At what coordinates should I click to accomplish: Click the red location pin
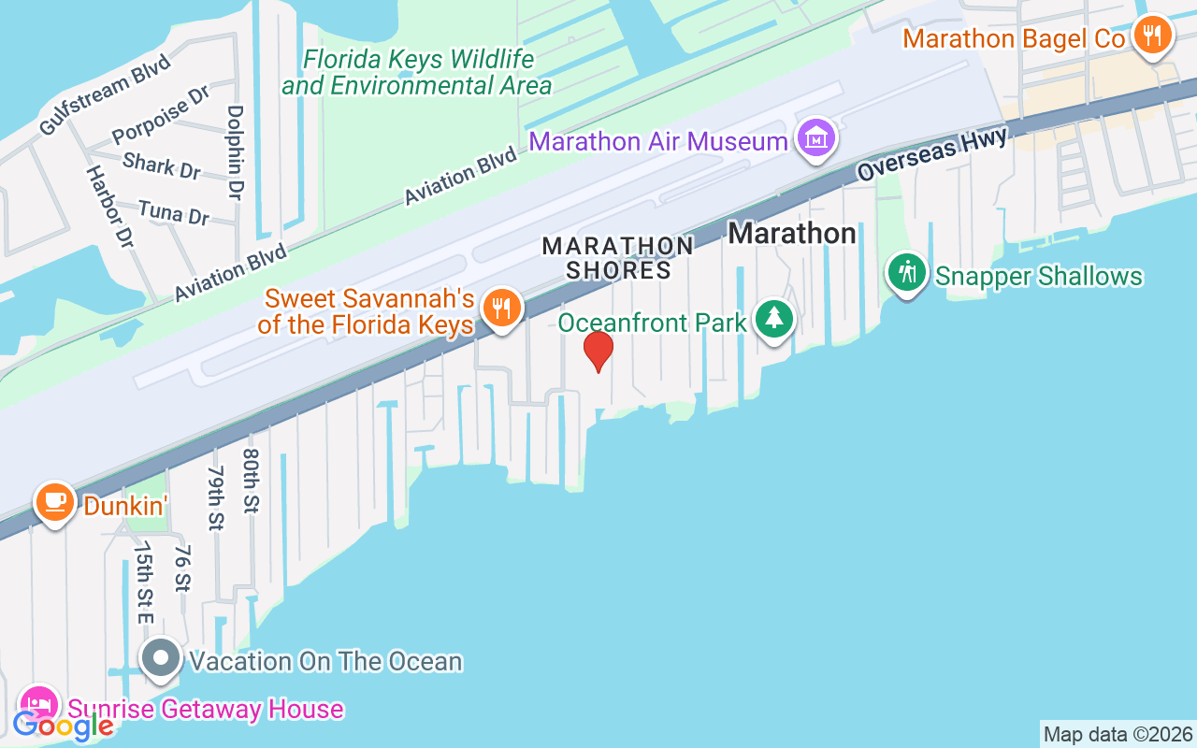(598, 352)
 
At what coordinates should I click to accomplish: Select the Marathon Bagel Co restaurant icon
(1153, 36)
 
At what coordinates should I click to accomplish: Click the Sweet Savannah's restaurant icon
(502, 309)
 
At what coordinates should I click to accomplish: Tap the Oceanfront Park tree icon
(773, 320)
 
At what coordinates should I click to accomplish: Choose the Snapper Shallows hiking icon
(906, 274)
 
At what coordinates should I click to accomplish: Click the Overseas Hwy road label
(932, 154)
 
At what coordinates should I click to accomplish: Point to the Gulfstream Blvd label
(105, 94)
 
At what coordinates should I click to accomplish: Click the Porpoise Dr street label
(161, 115)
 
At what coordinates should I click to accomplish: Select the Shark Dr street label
(162, 165)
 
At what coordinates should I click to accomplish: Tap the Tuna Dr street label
(173, 212)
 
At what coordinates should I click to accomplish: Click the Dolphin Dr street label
(235, 151)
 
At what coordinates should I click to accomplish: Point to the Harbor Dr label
(110, 207)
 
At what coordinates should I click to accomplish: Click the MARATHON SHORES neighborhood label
(618, 258)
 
